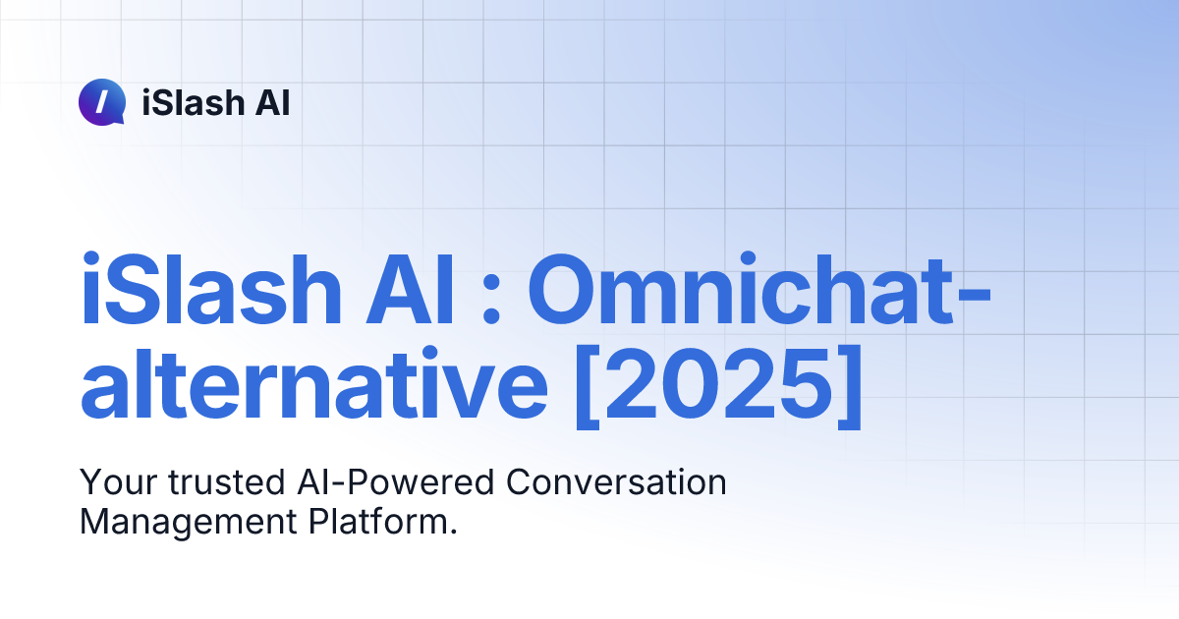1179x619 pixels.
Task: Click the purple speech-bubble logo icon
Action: pyautogui.click(x=101, y=102)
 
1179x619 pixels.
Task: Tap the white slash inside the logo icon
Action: pyautogui.click(x=101, y=101)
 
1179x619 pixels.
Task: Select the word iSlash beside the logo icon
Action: pyautogui.click(x=190, y=102)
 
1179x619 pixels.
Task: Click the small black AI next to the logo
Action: pyautogui.click(x=271, y=102)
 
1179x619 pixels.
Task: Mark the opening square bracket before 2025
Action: pyautogui.click(x=586, y=388)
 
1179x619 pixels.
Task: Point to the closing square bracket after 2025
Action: pyautogui.click(x=847, y=388)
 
